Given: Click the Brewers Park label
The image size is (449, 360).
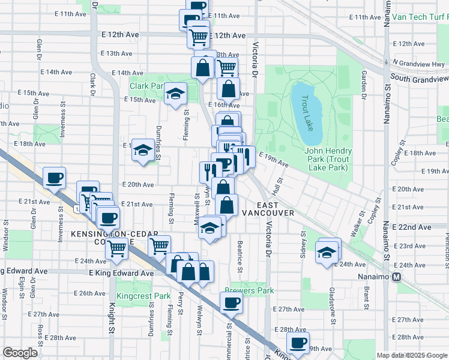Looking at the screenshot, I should tap(249, 290).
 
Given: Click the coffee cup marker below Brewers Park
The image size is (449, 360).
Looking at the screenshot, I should tap(231, 304).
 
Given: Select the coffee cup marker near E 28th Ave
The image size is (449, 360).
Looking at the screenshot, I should tap(297, 343).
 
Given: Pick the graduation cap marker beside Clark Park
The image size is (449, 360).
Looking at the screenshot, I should tap(176, 94).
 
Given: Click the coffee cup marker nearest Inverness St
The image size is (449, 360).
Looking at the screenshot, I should tap(54, 178).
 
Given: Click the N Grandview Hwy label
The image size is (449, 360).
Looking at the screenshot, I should tap(419, 63).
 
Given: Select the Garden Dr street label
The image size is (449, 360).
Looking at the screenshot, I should tap(364, 83).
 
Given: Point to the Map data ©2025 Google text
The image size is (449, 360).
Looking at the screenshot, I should tap(411, 355).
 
